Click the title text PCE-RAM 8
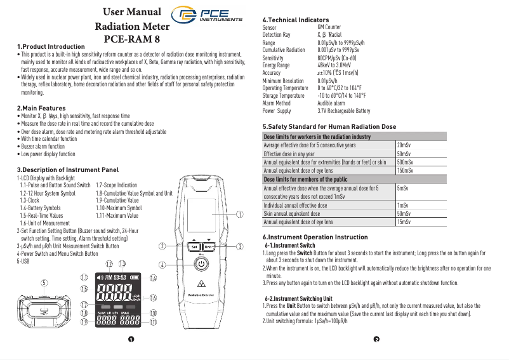point(131,39)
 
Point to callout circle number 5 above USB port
point(44,283)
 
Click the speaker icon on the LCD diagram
point(98,277)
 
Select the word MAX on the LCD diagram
point(126,312)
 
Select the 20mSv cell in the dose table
point(402,145)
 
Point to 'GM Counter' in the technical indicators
point(329,28)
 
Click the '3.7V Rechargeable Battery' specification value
point(343,110)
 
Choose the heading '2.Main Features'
point(41,109)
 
